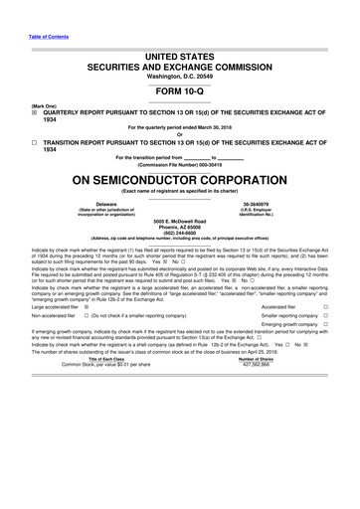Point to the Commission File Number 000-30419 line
click(x=179, y=163)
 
